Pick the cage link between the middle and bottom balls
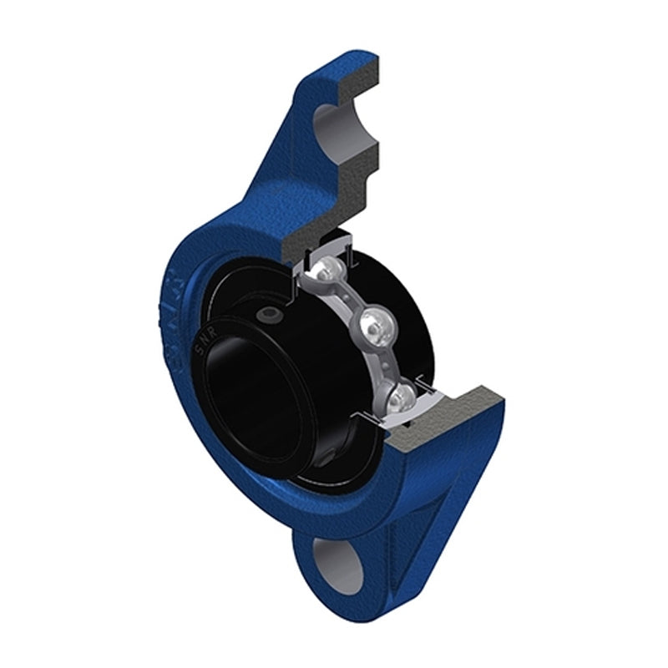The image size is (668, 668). click(x=386, y=359)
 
